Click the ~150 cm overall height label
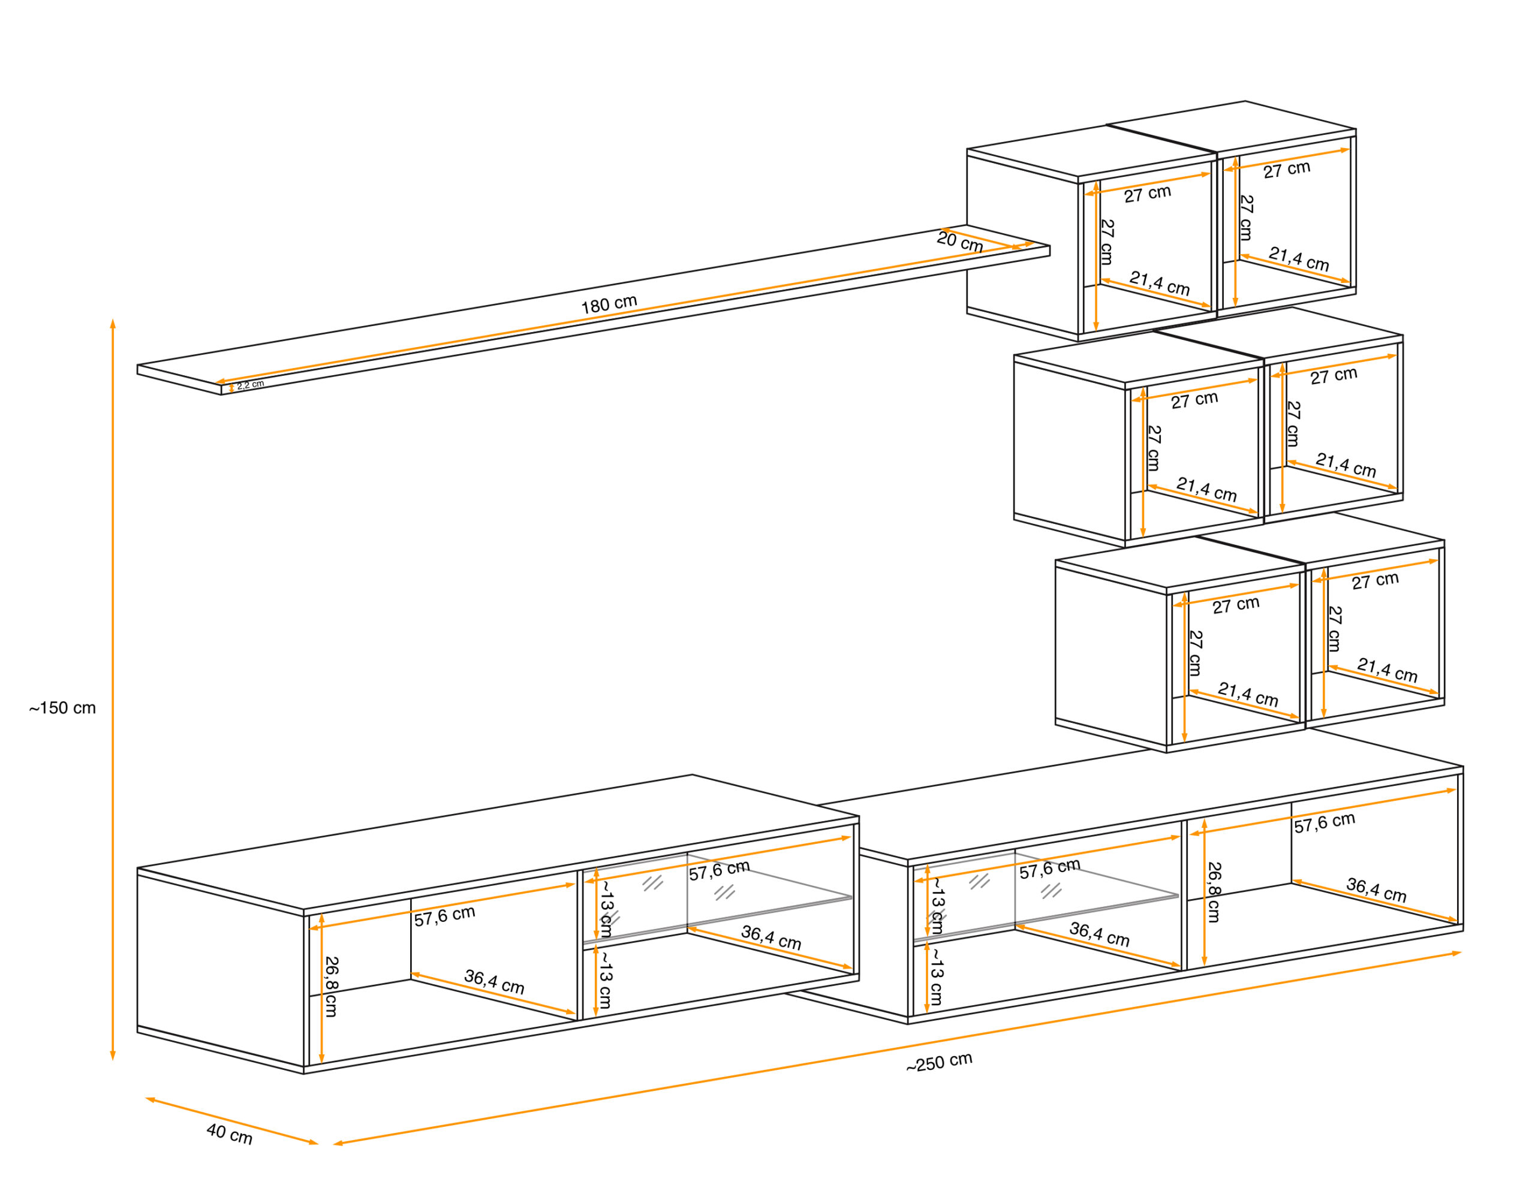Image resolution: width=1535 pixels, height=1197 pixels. pyautogui.click(x=62, y=708)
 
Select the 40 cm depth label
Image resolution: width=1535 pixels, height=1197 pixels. pyautogui.click(x=229, y=1134)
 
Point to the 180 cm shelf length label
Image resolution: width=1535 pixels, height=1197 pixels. pyautogui.click(x=609, y=304)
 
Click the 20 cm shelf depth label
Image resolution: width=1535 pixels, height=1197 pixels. pyautogui.click(x=959, y=242)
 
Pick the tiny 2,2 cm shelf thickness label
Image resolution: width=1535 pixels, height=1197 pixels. pyautogui.click(x=250, y=385)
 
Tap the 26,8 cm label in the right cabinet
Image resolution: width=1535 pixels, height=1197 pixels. pyautogui.click(x=1214, y=892)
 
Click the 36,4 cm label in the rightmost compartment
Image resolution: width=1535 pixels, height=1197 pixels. pyautogui.click(x=1376, y=890)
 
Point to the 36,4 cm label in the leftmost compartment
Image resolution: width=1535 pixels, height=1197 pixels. pyautogui.click(x=494, y=981)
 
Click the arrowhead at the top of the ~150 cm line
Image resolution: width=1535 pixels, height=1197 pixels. pyautogui.click(x=113, y=324)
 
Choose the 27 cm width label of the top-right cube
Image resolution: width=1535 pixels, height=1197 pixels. pyautogui.click(x=1287, y=169)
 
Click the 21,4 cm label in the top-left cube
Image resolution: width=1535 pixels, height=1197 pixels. pyautogui.click(x=1159, y=283)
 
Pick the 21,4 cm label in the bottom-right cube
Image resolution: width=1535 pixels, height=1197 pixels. pyautogui.click(x=1387, y=670)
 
